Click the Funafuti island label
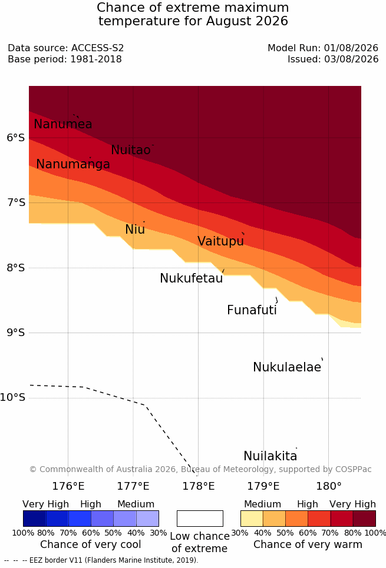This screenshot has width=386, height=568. tap(252, 310)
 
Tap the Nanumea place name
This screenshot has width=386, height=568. tap(62, 124)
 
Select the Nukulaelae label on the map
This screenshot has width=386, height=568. tap(287, 367)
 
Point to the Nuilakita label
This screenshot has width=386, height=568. tap(270, 456)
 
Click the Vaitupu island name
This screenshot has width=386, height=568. tap(220, 241)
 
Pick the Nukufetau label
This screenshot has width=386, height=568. tap(191, 278)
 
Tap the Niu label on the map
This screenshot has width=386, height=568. tap(135, 230)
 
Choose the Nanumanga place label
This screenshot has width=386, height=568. tap(73, 164)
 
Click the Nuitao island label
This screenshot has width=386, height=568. tap(131, 150)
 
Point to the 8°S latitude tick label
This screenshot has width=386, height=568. tap(16, 268)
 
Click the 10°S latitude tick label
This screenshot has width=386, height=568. tap(13, 397)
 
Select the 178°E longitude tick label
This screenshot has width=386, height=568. tap(199, 486)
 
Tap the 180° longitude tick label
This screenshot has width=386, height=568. tap(329, 486)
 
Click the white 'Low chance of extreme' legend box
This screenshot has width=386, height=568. tap(200, 519)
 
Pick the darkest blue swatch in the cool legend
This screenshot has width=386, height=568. tap(34, 519)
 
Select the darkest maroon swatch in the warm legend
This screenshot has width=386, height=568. tap(364, 519)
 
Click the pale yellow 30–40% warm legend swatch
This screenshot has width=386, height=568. tap(252, 519)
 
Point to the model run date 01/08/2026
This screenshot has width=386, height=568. tap(351, 48)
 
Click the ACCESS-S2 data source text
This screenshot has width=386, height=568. tap(98, 48)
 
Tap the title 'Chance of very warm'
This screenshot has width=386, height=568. tap(308, 544)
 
